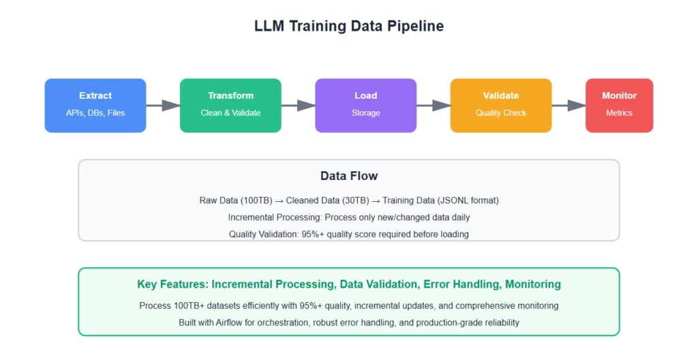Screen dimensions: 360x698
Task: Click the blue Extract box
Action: click(95, 105)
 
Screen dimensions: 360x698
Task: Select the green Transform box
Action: click(230, 105)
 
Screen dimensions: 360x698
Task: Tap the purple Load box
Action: click(365, 105)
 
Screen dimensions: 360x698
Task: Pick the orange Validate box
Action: click(501, 105)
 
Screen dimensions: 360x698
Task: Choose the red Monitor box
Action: click(619, 105)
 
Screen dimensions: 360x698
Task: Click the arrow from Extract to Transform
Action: click(163, 105)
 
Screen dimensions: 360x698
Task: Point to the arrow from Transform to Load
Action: click(298, 105)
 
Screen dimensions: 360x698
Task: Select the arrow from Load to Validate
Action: click(434, 105)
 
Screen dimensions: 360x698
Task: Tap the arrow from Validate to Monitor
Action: click(568, 105)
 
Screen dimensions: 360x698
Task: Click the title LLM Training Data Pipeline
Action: click(348, 27)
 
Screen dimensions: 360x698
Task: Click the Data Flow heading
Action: click(348, 176)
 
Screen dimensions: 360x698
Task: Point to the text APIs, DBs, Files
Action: click(95, 112)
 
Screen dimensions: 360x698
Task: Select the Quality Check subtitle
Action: click(501, 112)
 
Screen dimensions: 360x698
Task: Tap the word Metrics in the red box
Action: click(619, 112)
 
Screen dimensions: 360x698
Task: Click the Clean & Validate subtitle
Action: click(230, 112)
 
